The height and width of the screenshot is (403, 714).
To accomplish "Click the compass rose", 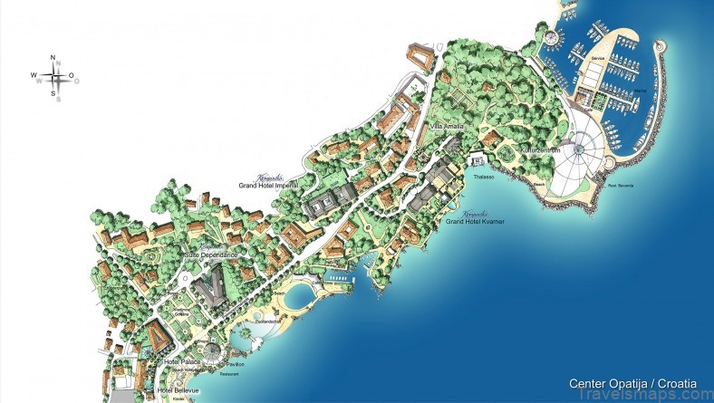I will (x=53, y=77).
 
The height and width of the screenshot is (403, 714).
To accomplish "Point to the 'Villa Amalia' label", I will (x=447, y=126).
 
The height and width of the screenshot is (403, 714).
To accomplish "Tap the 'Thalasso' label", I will (x=485, y=178).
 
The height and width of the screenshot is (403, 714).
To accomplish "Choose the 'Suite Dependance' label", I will (x=210, y=255).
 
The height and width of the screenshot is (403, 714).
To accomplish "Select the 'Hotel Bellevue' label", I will (x=178, y=390).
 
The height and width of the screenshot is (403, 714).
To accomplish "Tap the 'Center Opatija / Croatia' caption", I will (x=633, y=383).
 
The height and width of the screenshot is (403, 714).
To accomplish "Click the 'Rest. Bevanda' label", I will (x=622, y=186).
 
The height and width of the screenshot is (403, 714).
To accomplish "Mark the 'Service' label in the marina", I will (x=597, y=57).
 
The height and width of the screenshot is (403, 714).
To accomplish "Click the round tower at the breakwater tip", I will (x=659, y=47).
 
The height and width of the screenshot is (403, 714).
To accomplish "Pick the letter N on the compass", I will (x=53, y=59).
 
